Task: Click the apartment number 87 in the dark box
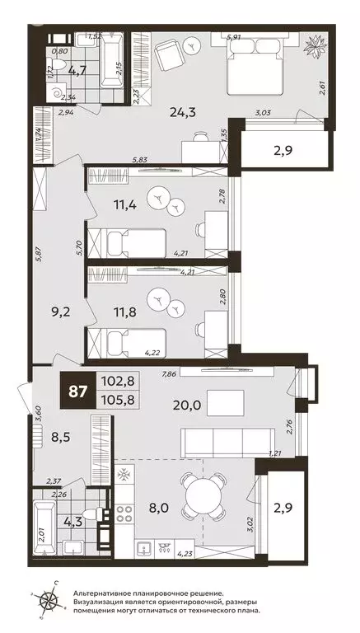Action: tap(78, 392)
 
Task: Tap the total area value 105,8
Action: tap(118, 401)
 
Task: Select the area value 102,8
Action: tap(118, 381)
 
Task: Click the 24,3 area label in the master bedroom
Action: tap(183, 112)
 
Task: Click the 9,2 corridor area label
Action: tap(60, 312)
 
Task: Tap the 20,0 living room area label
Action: tap(185, 405)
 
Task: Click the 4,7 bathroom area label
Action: tap(77, 72)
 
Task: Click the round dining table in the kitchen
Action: tap(203, 495)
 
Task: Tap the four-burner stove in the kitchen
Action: tap(124, 513)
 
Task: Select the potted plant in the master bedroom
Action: tap(315, 48)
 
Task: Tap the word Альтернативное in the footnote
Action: tap(100, 593)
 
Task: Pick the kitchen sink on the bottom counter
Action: tap(144, 549)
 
